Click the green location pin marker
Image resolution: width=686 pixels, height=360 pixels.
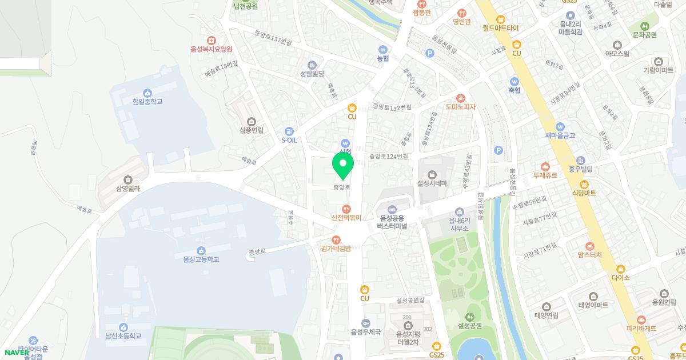(x=343, y=165)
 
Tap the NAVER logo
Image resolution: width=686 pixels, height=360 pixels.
(x=16, y=352)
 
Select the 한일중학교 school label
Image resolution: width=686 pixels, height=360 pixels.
(x=147, y=102)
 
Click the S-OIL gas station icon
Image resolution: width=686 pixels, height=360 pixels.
(x=289, y=131)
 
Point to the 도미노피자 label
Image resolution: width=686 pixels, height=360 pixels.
(x=461, y=107)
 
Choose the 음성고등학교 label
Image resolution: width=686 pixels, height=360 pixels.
(x=201, y=259)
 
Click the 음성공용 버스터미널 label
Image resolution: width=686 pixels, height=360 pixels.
(x=392, y=222)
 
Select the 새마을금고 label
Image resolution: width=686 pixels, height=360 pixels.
(x=560, y=135)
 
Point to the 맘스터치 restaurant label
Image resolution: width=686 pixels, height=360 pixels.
(x=590, y=255)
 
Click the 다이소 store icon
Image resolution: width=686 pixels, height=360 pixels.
(x=620, y=269)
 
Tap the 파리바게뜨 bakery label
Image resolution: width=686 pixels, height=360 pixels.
(x=641, y=329)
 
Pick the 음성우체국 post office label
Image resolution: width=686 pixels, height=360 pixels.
(x=366, y=331)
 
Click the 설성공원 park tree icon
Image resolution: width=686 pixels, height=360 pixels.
(x=470, y=317)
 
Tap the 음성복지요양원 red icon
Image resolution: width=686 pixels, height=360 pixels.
(x=212, y=40)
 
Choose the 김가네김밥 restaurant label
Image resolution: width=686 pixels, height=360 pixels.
(x=336, y=248)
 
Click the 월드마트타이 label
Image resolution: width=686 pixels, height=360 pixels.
(x=500, y=27)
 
